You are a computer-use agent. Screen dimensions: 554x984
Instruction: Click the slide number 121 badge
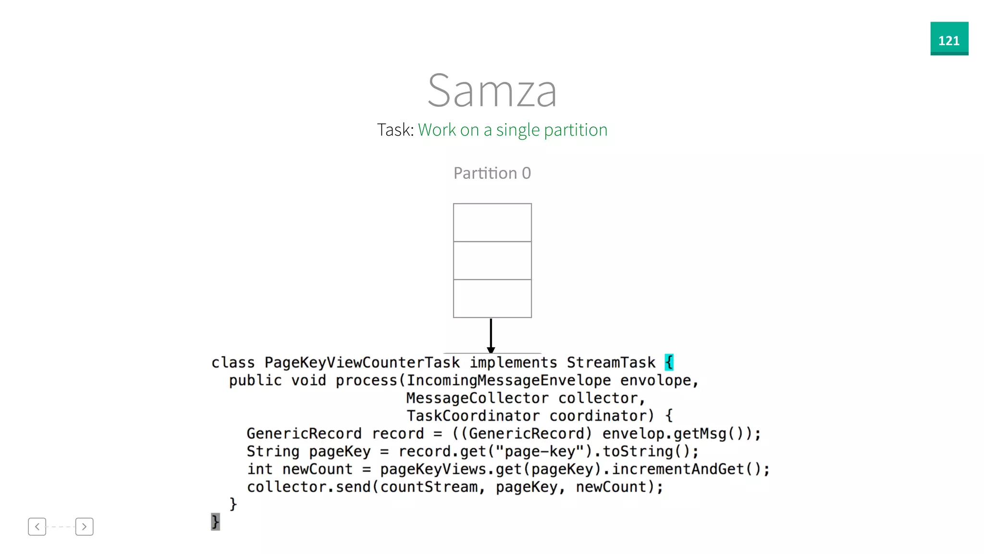(949, 38)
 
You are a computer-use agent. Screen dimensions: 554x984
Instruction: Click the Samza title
(492, 90)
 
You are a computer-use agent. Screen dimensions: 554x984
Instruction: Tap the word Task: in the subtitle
(395, 130)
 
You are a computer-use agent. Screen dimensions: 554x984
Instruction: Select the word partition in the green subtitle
(576, 130)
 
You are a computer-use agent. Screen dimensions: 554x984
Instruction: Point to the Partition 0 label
(492, 173)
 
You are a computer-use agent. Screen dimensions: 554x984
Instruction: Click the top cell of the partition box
(492, 223)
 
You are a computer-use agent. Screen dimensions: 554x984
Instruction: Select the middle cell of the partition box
(492, 260)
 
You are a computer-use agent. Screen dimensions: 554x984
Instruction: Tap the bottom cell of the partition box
(492, 298)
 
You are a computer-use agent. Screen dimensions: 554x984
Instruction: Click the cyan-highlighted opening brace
(669, 362)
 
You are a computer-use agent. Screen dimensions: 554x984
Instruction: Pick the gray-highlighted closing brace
(215, 522)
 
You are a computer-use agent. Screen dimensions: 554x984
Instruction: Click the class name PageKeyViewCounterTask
(362, 363)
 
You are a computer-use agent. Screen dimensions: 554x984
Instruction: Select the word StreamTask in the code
(611, 363)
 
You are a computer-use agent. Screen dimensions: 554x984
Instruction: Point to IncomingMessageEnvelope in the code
(509, 380)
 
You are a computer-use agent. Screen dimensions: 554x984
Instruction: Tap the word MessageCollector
(477, 398)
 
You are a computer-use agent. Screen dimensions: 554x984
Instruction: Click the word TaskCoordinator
(473, 416)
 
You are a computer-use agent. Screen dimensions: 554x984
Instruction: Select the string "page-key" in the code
(540, 452)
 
